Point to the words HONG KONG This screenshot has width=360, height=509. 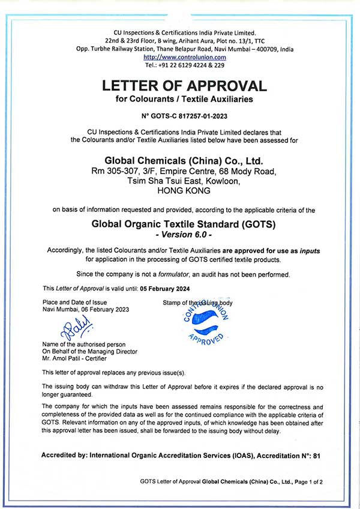183,191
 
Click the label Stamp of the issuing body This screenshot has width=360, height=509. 197,302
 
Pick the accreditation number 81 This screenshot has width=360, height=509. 317,456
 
